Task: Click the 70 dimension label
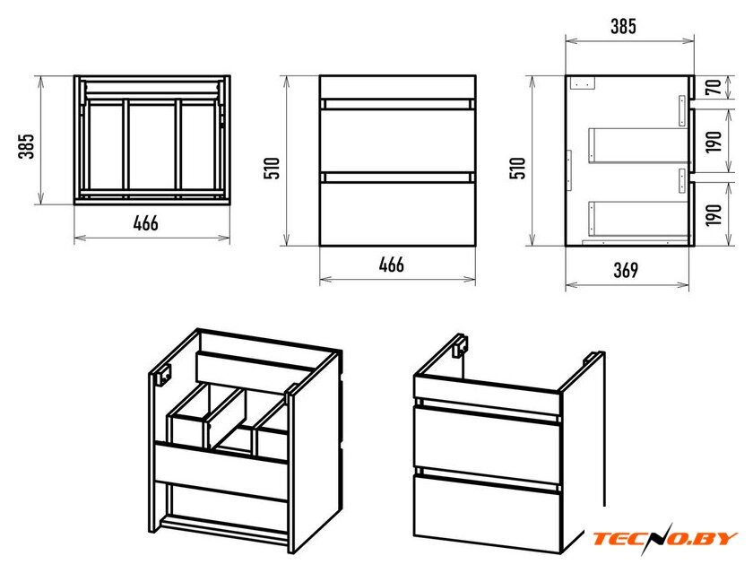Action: (x=714, y=87)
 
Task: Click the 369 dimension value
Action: (x=627, y=271)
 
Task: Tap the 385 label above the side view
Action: (x=623, y=26)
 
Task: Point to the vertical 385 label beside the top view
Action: (x=26, y=146)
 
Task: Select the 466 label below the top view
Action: (x=145, y=223)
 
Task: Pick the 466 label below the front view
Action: (x=392, y=265)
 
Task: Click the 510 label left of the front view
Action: (x=272, y=168)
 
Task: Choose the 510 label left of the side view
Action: (x=518, y=168)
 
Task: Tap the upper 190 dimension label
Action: (x=714, y=142)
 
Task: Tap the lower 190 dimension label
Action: (x=714, y=214)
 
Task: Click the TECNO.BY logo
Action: (x=665, y=538)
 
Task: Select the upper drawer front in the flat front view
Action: (x=398, y=141)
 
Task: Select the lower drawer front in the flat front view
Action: (x=398, y=214)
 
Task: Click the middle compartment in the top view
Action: (x=151, y=146)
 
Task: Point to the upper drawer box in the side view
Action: (x=638, y=145)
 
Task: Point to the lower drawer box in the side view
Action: (x=638, y=219)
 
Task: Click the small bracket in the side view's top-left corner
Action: (x=583, y=82)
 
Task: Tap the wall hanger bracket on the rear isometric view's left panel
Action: (x=163, y=375)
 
